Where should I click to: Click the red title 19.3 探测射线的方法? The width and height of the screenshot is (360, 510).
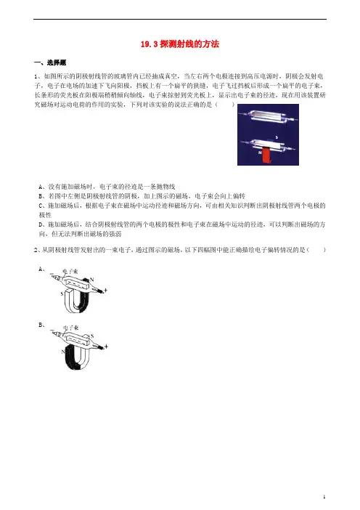(180, 44)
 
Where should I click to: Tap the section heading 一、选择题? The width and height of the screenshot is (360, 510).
(50, 62)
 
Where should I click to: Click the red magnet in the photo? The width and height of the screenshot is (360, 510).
(266, 155)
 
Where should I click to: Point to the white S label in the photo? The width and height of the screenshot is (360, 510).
(277, 137)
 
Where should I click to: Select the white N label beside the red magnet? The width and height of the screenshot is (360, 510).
(260, 152)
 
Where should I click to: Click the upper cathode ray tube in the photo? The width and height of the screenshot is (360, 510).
(267, 116)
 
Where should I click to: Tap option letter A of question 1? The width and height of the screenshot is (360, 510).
(41, 187)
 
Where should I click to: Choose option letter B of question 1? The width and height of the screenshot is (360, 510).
(41, 196)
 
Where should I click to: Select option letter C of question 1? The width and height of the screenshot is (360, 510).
(41, 206)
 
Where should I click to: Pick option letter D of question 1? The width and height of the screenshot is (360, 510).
(41, 224)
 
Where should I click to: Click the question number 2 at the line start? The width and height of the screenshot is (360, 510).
(36, 250)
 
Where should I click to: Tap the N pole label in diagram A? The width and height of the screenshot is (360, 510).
(92, 280)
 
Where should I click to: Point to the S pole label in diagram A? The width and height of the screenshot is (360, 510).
(62, 294)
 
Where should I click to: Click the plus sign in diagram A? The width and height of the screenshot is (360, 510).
(105, 290)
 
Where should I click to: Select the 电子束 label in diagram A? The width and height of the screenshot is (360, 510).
(70, 272)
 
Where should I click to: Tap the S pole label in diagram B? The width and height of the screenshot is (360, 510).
(92, 336)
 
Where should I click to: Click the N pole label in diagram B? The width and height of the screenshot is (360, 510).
(62, 352)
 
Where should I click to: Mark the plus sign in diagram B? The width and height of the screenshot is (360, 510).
(106, 347)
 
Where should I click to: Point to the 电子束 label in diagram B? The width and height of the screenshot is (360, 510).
(70, 328)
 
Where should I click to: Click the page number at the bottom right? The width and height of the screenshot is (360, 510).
(324, 496)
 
